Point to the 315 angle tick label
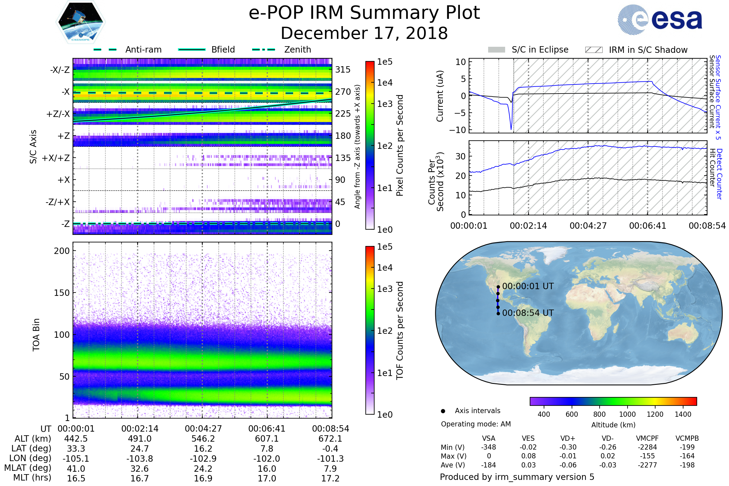tap(343, 70)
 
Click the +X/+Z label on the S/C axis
tap(56, 158)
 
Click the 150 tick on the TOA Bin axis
tap(62, 293)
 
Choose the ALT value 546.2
tap(203, 439)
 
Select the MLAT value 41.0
tap(76, 469)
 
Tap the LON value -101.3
tap(330, 458)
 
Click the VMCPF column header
tap(647, 438)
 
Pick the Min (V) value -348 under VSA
tap(488, 447)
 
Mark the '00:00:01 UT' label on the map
tap(528, 286)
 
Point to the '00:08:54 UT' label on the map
tap(528, 313)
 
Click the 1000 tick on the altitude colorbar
tap(627, 414)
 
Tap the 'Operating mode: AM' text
tap(476, 424)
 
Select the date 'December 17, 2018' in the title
tap(364, 33)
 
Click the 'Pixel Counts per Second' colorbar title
tap(400, 145)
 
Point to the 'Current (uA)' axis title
tap(440, 96)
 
